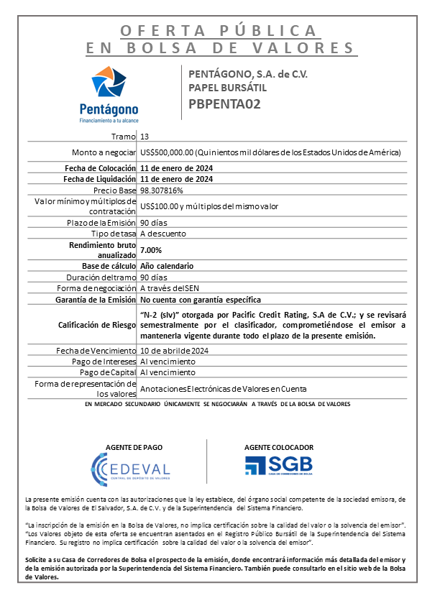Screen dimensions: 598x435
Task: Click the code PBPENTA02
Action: [224, 103]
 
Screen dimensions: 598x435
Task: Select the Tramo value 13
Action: [145, 136]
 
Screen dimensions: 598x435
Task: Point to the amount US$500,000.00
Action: [168, 152]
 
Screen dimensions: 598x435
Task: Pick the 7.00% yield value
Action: [151, 249]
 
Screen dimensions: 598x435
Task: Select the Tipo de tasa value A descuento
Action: [163, 234]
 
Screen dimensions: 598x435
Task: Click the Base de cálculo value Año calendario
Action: [167, 266]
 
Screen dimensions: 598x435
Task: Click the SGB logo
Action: [278, 466]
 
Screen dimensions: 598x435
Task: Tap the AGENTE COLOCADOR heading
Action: [278, 446]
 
